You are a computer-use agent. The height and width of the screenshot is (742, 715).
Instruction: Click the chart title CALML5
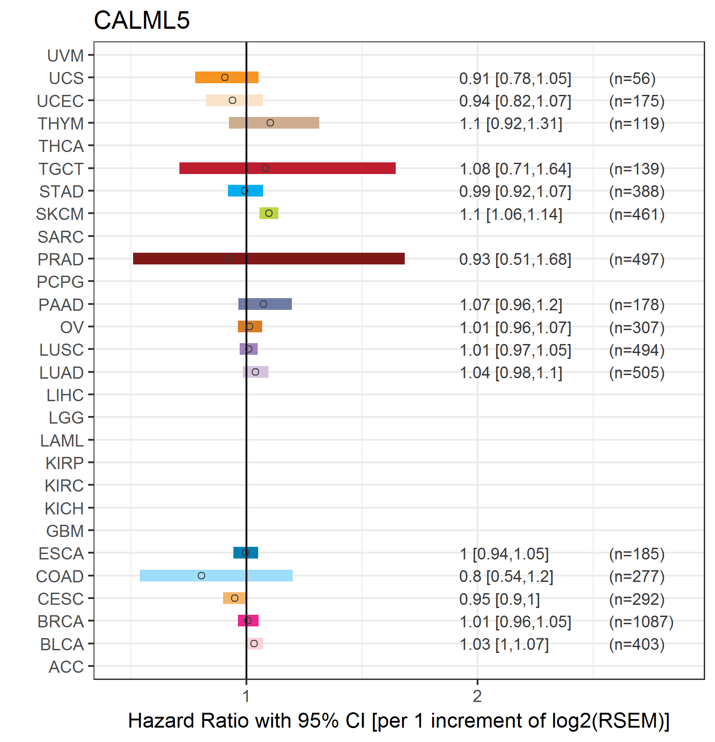[142, 20]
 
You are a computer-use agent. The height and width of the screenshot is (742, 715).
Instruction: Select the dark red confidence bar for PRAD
[269, 259]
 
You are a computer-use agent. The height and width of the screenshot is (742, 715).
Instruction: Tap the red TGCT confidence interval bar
[287, 168]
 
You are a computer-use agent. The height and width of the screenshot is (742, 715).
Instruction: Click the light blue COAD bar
[216, 576]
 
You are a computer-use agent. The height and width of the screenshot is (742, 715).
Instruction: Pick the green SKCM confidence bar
[269, 213]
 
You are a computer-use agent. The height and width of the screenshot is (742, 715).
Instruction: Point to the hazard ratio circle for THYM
[270, 123]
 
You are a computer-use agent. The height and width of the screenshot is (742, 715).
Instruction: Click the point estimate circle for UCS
[225, 77]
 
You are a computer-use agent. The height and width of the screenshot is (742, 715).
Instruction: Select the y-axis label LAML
[62, 441]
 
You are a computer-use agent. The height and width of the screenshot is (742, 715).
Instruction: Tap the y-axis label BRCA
[61, 621]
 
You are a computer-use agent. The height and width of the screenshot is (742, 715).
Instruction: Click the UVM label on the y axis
[65, 56]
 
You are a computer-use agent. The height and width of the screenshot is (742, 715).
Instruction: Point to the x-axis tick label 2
[477, 696]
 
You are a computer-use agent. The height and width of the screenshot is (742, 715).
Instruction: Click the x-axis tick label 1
[246, 696]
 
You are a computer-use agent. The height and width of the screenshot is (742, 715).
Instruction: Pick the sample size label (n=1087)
[641, 621]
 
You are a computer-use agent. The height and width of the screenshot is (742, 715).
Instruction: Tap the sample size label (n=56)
[632, 78]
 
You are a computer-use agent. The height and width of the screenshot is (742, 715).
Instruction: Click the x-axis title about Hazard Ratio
[399, 720]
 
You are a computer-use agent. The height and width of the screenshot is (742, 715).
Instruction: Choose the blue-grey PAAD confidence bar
[265, 304]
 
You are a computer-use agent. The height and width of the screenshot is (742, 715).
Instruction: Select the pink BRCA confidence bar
[248, 621]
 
